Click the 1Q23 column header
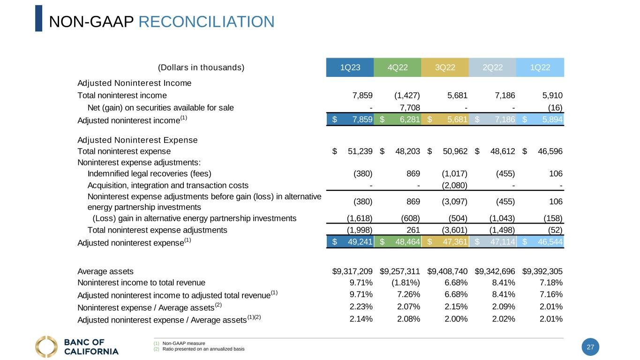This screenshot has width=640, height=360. tap(350, 67)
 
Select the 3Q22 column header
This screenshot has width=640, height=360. tap(445, 67)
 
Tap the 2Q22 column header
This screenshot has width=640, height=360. tap(493, 67)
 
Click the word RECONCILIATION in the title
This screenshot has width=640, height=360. tap(206, 22)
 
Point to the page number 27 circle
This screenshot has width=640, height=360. tap(590, 347)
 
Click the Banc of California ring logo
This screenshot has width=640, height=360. tap(46, 346)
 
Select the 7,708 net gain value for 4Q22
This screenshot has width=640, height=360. tap(410, 108)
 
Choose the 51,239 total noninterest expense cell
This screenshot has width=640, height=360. tap(360, 151)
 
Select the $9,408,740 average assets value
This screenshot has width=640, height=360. tap(447, 271)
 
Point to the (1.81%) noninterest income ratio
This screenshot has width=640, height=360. tap(406, 283)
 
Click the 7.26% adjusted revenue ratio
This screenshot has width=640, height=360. tap(408, 294)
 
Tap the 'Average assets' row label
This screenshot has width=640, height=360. tap(105, 271)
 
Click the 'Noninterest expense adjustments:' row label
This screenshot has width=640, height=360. tap(139, 163)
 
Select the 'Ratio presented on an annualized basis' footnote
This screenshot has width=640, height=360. tap(203, 349)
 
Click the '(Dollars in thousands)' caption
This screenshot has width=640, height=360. tap(201, 67)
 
